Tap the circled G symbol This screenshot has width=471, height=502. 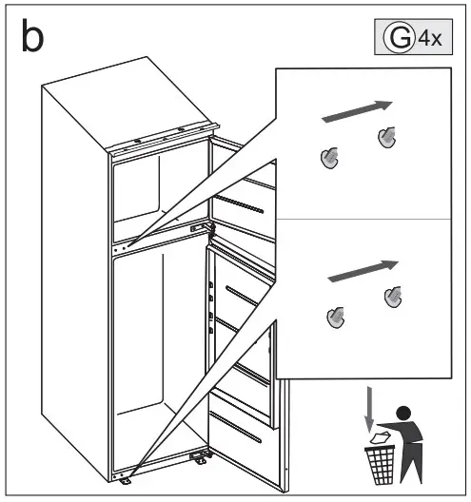click(396, 39)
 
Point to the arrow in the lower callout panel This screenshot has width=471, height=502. click(362, 270)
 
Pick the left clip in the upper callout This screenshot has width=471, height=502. click(329, 157)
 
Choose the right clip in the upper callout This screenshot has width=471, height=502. click(386, 137)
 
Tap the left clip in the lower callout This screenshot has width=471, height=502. click(335, 317)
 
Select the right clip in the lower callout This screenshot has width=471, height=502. click(392, 297)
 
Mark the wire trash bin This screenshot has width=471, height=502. click(380, 462)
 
